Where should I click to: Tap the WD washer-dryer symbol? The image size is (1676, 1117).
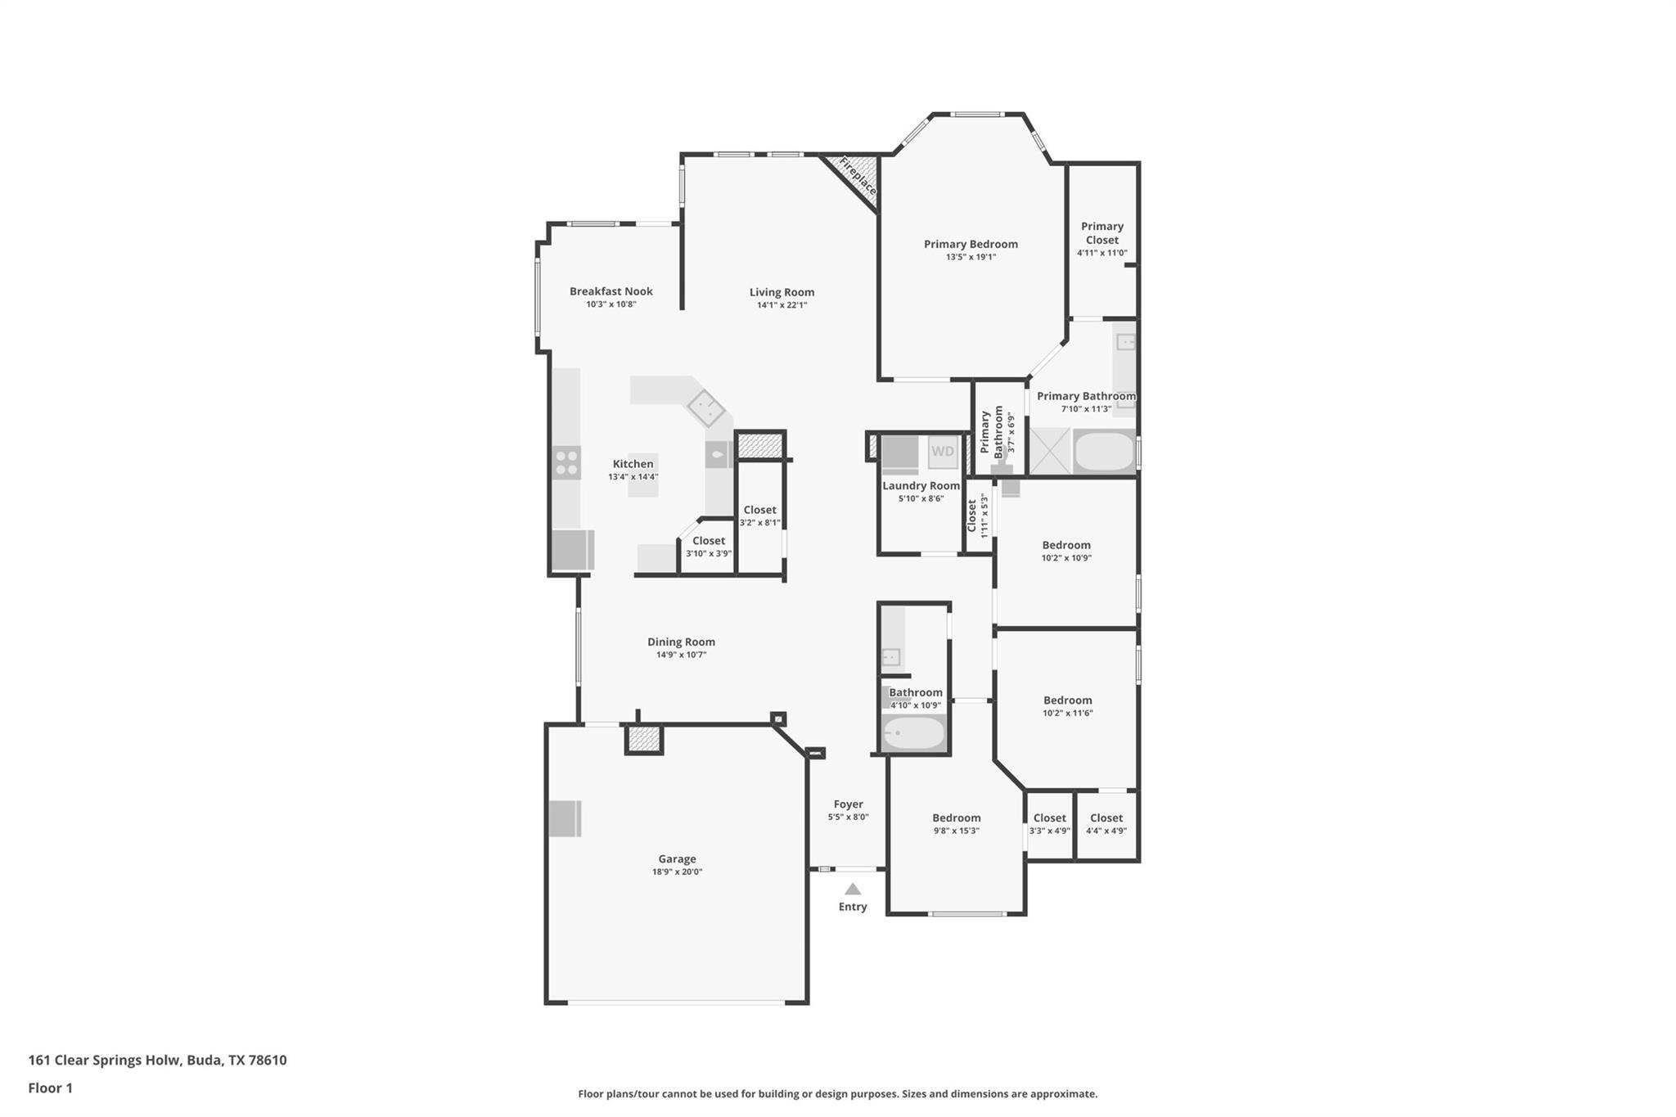[942, 452]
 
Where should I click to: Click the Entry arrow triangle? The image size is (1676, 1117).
[853, 889]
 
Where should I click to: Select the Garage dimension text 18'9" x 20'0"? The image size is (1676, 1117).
[677, 872]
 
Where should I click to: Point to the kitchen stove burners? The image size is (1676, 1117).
[566, 462]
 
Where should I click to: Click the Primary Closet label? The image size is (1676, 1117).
[1102, 233]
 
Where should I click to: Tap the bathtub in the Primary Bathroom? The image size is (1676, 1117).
[1104, 452]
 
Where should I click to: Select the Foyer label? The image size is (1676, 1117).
[848, 804]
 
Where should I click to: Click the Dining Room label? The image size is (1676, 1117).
[681, 642]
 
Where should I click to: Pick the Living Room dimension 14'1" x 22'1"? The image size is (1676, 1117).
[782, 305]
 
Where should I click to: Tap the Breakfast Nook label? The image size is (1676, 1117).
[610, 291]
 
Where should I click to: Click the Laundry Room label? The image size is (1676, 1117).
[921, 485]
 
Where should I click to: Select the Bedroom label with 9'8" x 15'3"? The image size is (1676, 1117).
[956, 817]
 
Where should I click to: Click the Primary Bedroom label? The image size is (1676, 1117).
[971, 244]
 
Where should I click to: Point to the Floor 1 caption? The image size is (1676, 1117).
[51, 1088]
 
